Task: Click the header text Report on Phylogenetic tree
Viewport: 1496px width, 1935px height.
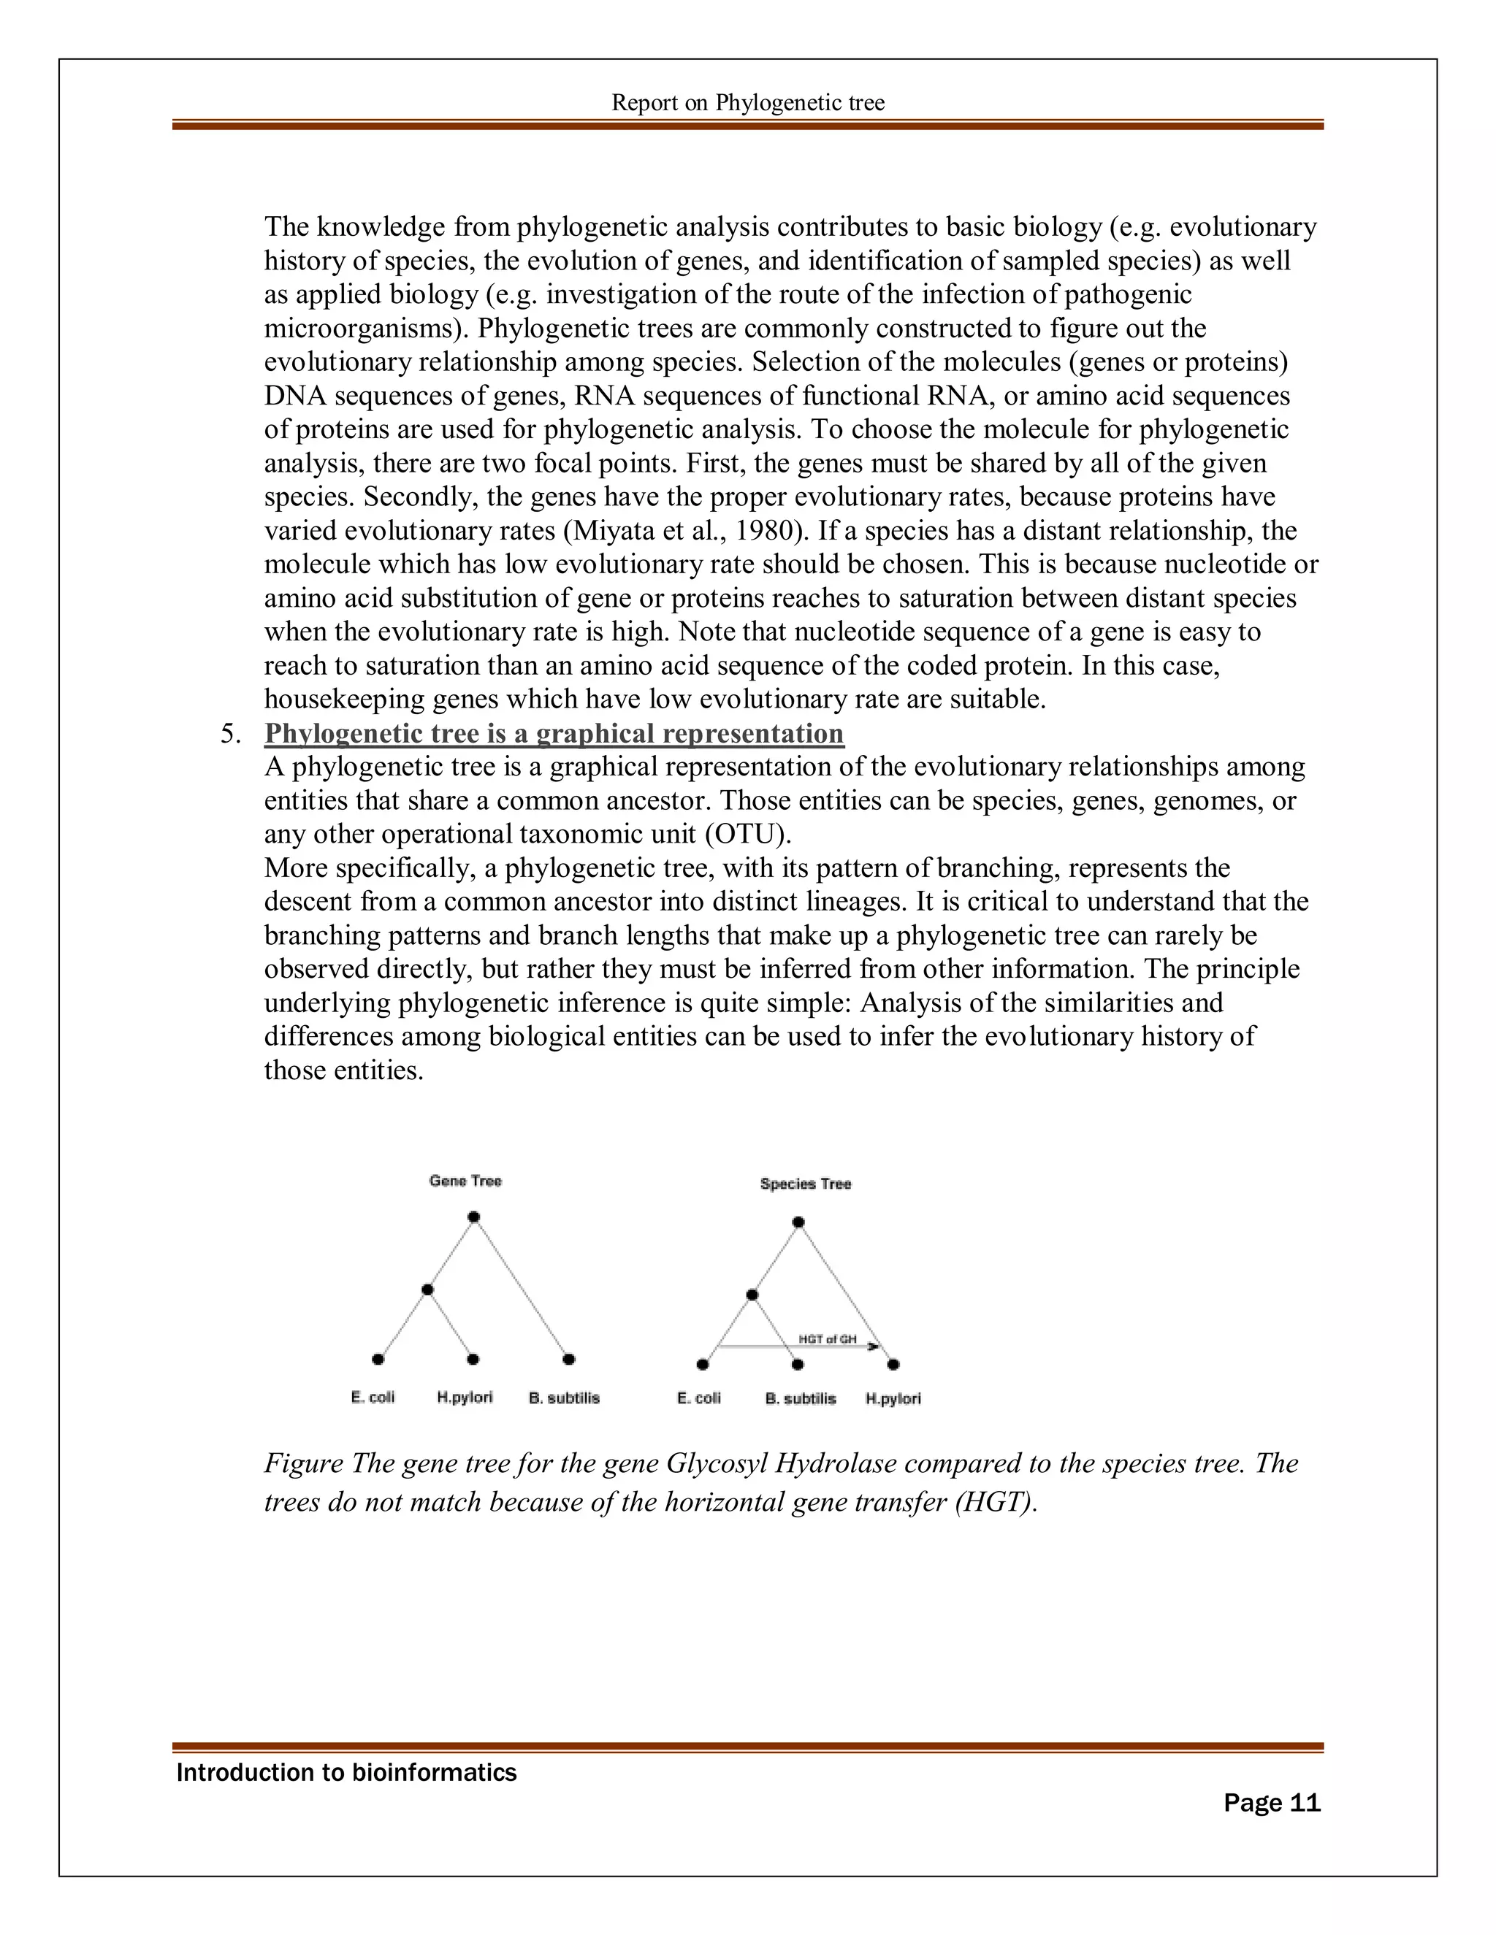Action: [747, 103]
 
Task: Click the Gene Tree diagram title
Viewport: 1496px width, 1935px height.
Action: [465, 1181]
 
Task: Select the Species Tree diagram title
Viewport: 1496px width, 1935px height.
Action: [805, 1184]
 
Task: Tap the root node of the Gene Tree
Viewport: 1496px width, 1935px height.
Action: [473, 1217]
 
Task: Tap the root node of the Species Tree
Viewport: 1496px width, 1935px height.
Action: [798, 1222]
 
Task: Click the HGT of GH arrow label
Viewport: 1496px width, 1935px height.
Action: [827, 1340]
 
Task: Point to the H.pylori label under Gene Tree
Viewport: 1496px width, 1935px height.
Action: [465, 1398]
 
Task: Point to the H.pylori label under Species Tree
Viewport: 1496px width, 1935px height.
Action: [893, 1399]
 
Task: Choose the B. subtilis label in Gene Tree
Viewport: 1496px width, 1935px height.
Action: [564, 1398]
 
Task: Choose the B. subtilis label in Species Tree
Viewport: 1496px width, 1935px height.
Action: [801, 1399]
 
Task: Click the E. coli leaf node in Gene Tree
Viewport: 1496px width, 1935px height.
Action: [378, 1359]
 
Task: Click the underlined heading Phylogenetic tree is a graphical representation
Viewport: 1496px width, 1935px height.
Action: [554, 734]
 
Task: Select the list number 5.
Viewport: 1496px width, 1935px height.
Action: [229, 735]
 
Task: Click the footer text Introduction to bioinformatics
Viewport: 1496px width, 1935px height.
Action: [346, 1773]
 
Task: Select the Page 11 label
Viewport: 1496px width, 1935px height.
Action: [1271, 1803]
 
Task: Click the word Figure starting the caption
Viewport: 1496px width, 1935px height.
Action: [303, 1463]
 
